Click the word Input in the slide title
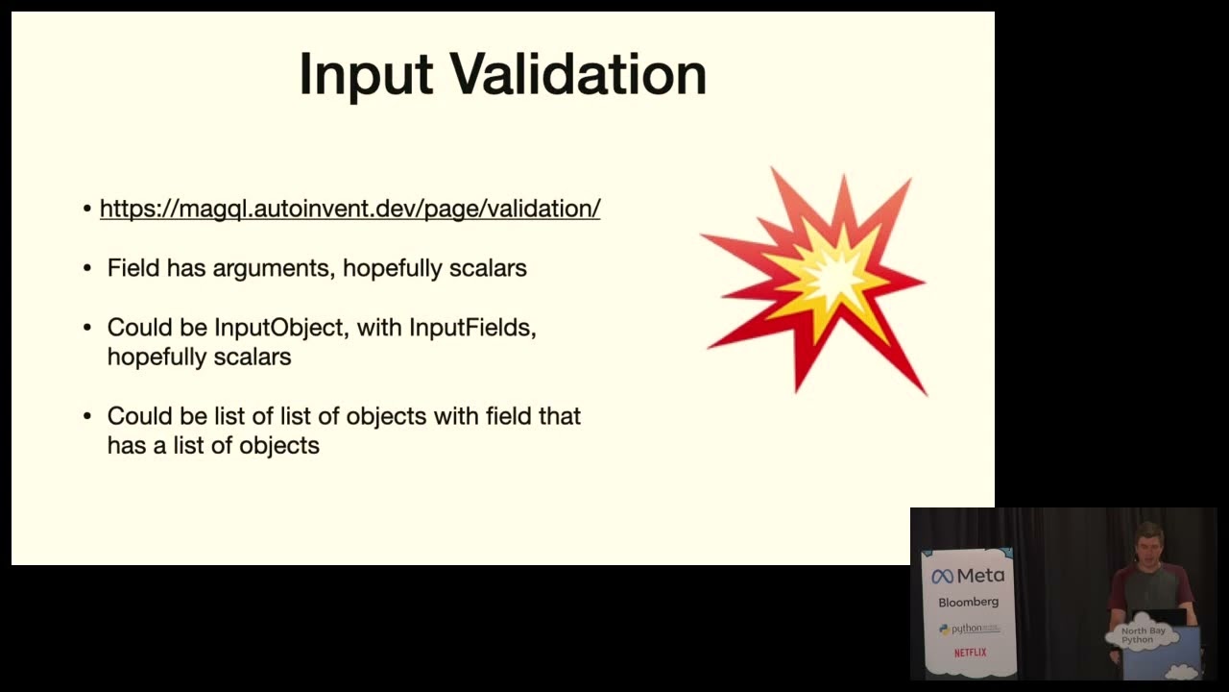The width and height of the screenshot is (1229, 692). click(367, 76)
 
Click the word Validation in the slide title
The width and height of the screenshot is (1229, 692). click(578, 74)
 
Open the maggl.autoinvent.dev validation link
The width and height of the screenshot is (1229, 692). click(350, 209)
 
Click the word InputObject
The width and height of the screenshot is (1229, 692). click(279, 328)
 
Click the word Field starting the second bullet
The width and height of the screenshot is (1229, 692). click(133, 268)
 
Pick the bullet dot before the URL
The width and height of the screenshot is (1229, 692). click(87, 209)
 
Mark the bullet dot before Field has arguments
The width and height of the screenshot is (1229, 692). click(87, 268)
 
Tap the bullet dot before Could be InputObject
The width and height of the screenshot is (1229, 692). click(87, 328)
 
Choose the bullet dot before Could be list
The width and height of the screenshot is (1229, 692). click(87, 416)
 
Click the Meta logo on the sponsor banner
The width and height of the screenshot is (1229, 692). click(969, 576)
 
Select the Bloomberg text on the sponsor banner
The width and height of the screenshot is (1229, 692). click(969, 603)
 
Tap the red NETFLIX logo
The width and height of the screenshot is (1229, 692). click(970, 653)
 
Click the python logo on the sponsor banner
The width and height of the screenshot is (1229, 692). click(969, 630)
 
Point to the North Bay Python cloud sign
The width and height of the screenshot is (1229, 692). click(1143, 635)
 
